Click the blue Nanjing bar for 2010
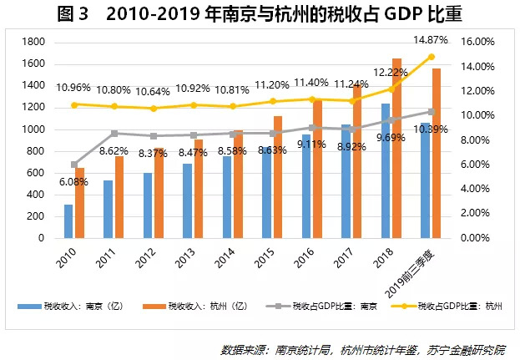(68, 221)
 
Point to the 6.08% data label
(74, 181)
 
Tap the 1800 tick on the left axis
(33, 42)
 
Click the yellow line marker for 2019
(431, 57)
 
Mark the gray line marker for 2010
(73, 165)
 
